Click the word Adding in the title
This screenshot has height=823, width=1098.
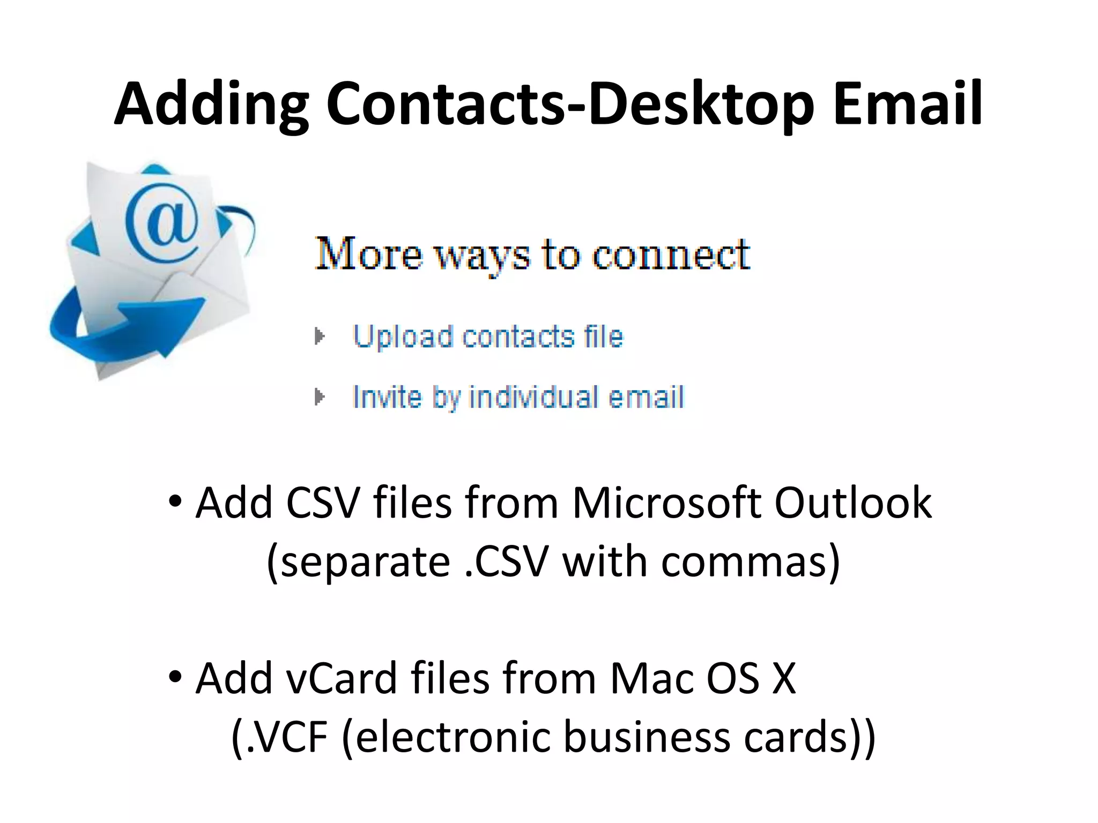click(x=211, y=104)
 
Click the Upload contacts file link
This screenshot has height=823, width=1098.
click(x=488, y=337)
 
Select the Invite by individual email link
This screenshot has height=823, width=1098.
click(x=518, y=398)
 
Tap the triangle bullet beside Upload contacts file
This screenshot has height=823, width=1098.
click(x=320, y=336)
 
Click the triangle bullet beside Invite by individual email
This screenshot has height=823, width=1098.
click(x=320, y=397)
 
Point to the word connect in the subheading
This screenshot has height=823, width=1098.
click(x=671, y=254)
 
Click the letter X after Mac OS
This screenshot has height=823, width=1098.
click(x=783, y=678)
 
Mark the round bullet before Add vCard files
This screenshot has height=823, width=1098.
click(x=175, y=677)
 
